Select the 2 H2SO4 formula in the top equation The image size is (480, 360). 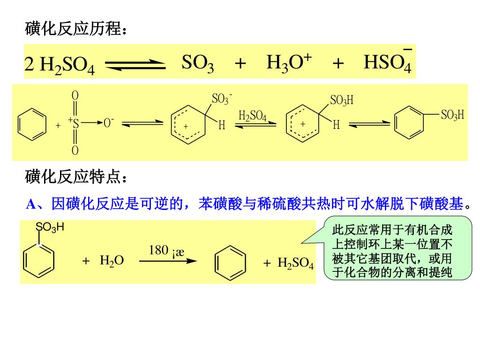(x=60, y=66)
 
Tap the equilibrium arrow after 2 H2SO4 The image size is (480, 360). (x=135, y=66)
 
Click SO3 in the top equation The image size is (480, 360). (x=198, y=63)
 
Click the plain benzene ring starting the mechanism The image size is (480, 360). (x=32, y=123)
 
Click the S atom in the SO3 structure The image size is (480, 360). (x=75, y=123)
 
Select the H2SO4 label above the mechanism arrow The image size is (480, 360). (x=252, y=116)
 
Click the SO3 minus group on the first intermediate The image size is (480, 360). (x=222, y=99)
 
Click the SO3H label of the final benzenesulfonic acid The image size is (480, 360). (x=452, y=115)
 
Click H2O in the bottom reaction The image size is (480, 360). (x=112, y=261)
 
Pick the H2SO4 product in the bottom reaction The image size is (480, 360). (x=295, y=262)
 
